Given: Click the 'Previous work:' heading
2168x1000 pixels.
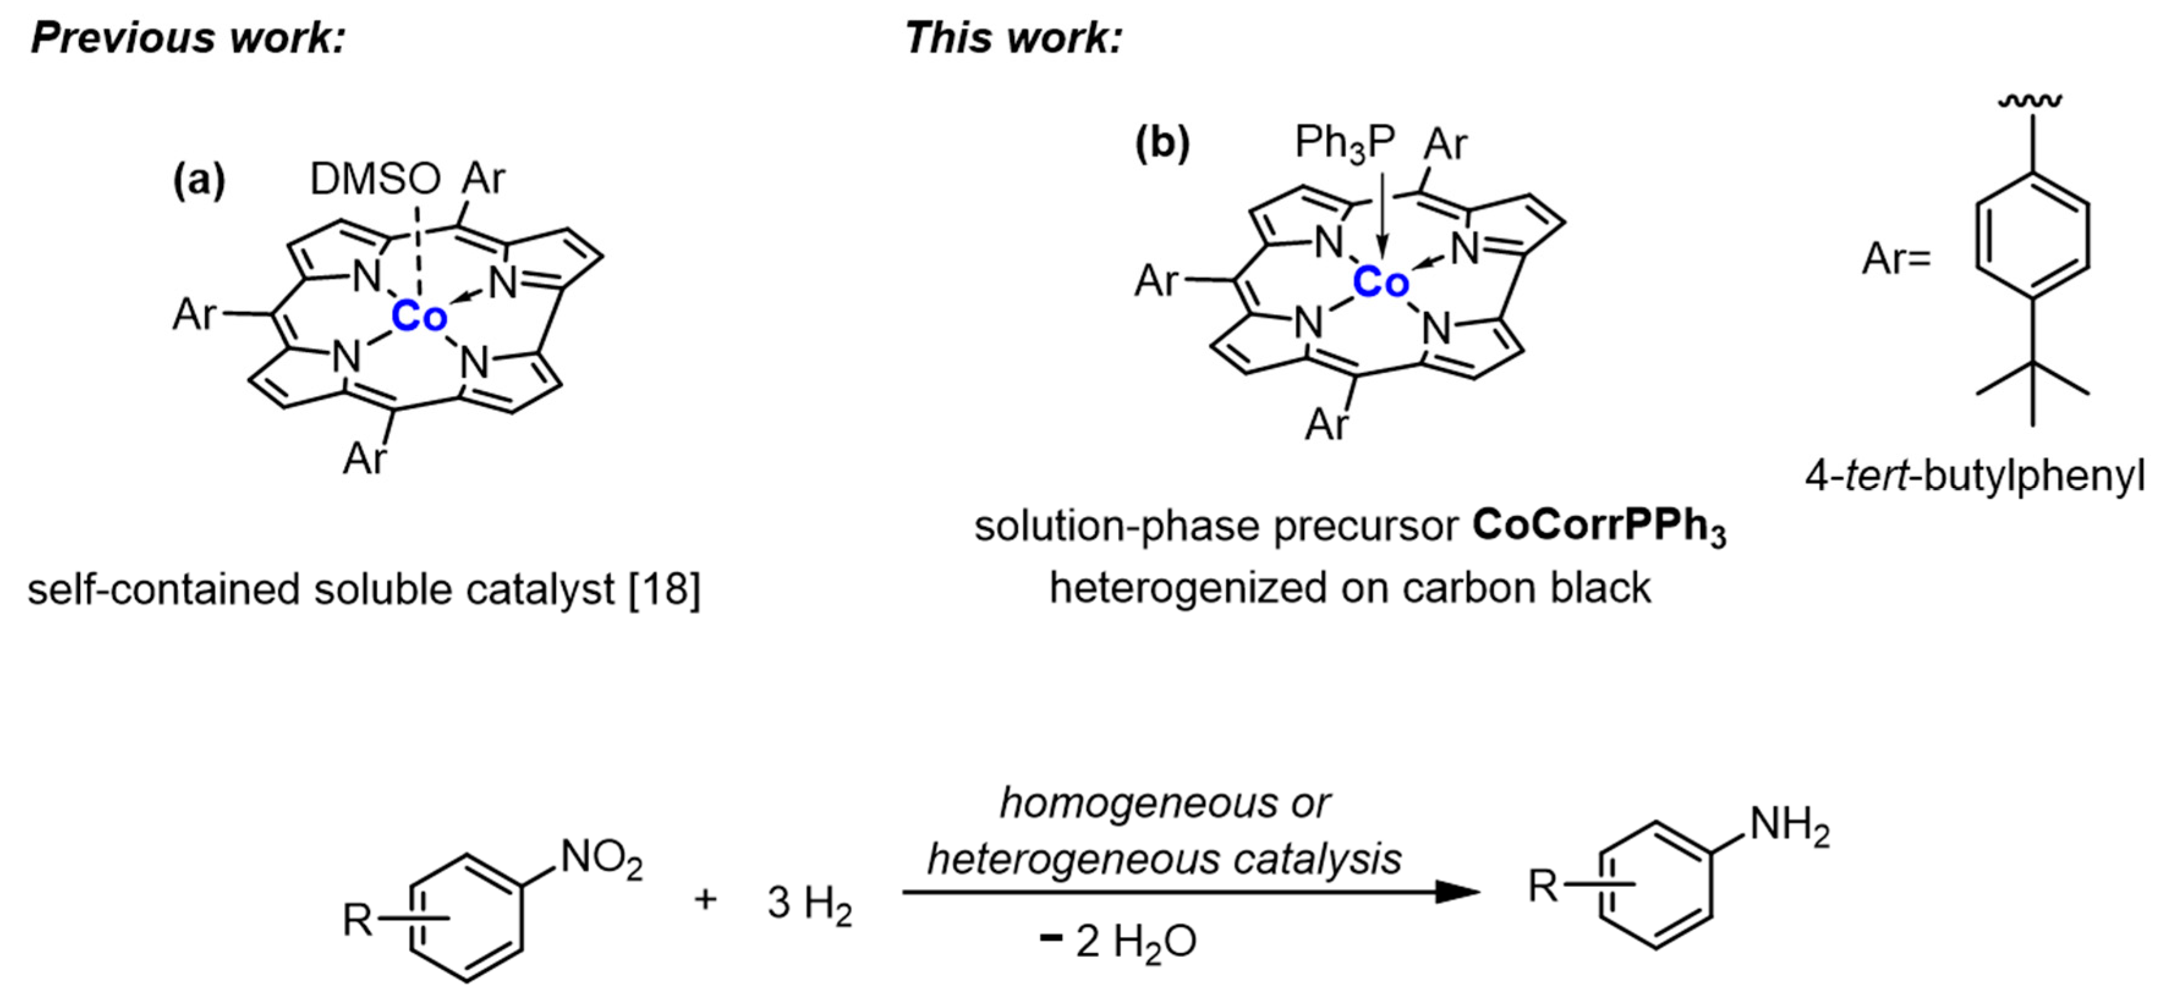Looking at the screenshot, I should (x=188, y=38).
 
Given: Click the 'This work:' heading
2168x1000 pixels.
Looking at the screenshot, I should (x=1012, y=38).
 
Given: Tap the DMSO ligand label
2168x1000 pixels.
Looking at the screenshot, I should (x=375, y=178).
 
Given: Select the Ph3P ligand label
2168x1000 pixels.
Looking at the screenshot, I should (x=1344, y=143).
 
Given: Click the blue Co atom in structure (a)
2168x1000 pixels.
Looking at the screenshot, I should (x=418, y=317).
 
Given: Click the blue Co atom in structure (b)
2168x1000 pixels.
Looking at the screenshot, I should (x=1381, y=284).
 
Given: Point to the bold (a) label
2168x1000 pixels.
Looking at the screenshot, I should (x=199, y=180).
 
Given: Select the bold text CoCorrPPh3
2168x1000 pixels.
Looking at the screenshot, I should (x=1598, y=528).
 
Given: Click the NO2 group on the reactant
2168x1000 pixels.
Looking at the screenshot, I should (x=601, y=860).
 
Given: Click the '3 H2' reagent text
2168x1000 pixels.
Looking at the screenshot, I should (x=809, y=905).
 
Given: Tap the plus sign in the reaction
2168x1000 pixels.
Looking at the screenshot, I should (x=706, y=900).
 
